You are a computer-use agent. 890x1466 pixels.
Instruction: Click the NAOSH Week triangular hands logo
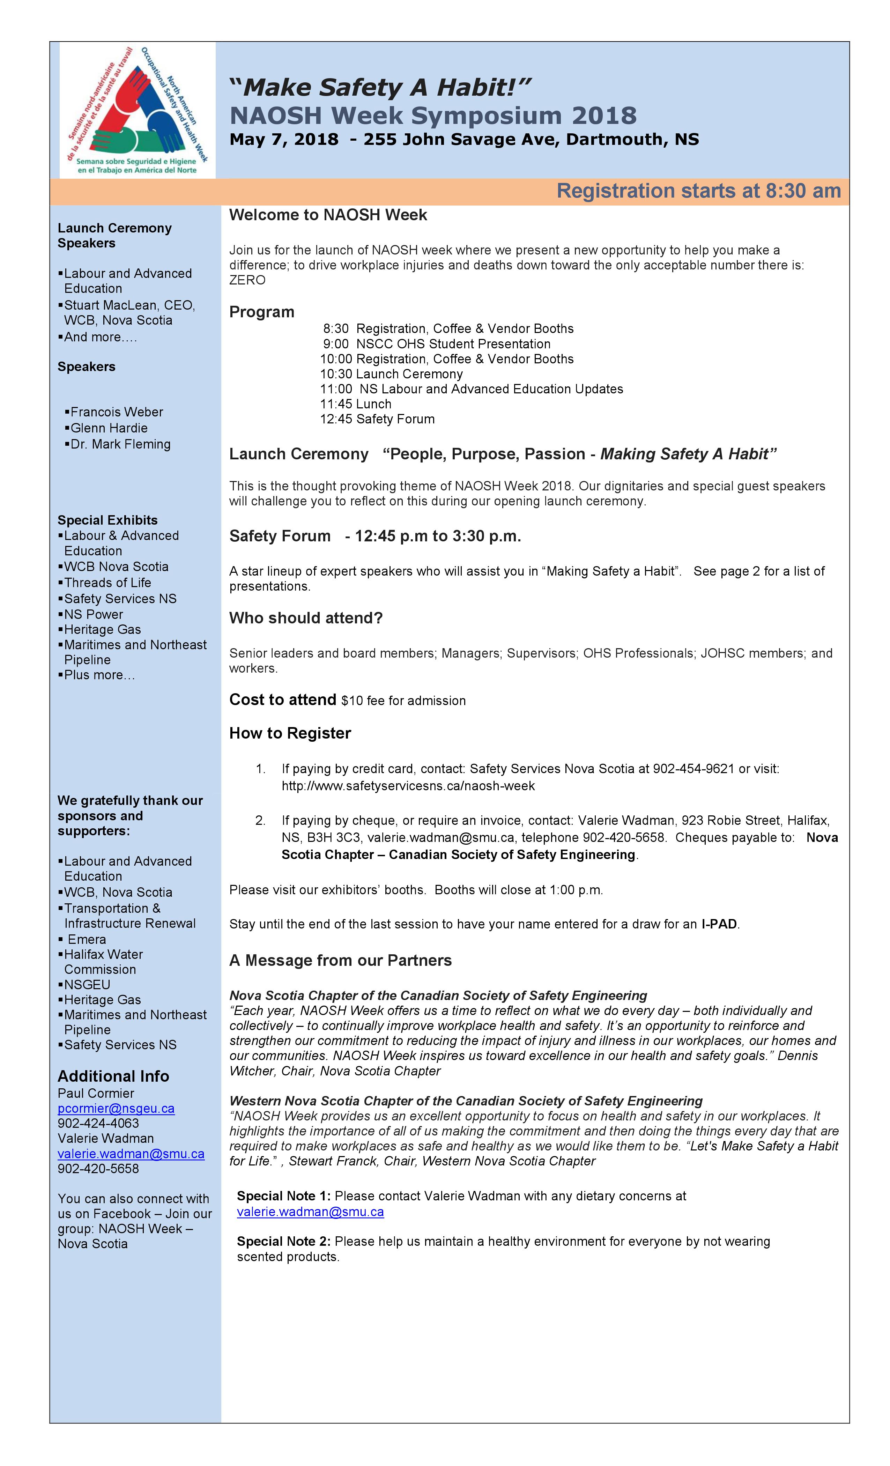[138, 111]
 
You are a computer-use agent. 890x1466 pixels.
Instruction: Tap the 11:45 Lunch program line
[355, 404]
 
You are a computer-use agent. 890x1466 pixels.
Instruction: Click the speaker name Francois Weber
[116, 412]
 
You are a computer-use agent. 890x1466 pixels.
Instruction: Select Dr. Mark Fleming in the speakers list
[120, 444]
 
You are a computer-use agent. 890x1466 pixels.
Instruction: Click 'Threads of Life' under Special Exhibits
[107, 583]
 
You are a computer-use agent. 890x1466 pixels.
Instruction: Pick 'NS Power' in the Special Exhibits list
[94, 614]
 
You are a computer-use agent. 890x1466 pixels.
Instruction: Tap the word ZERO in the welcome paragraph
[247, 280]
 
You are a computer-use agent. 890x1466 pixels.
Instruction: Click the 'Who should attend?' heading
[306, 618]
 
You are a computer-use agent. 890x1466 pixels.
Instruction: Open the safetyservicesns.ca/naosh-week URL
[408, 786]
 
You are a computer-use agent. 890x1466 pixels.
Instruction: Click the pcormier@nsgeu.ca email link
[116, 1109]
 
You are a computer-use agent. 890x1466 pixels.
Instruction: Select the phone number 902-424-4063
[98, 1123]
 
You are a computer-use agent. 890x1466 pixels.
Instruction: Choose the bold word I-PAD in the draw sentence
[719, 924]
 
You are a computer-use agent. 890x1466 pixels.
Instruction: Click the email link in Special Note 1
[310, 1212]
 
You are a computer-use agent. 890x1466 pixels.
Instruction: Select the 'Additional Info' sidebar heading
[113, 1076]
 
